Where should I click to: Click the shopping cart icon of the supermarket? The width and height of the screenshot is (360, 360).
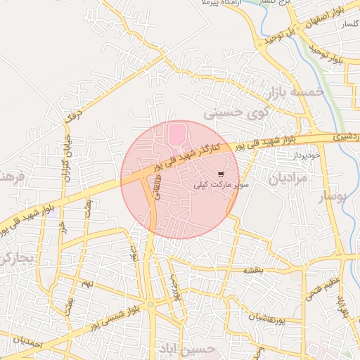pos(221,174)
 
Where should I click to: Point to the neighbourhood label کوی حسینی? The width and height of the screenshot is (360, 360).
pos(233,112)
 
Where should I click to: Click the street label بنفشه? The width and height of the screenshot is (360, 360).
pos(255,271)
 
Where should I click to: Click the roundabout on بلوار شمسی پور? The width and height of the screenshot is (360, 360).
pos(150,304)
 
